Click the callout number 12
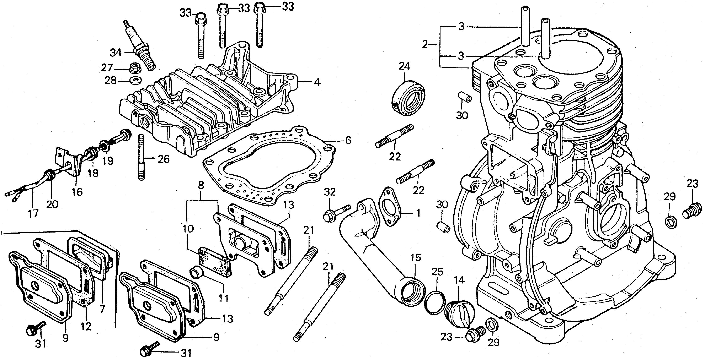pyautogui.click(x=86, y=326)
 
